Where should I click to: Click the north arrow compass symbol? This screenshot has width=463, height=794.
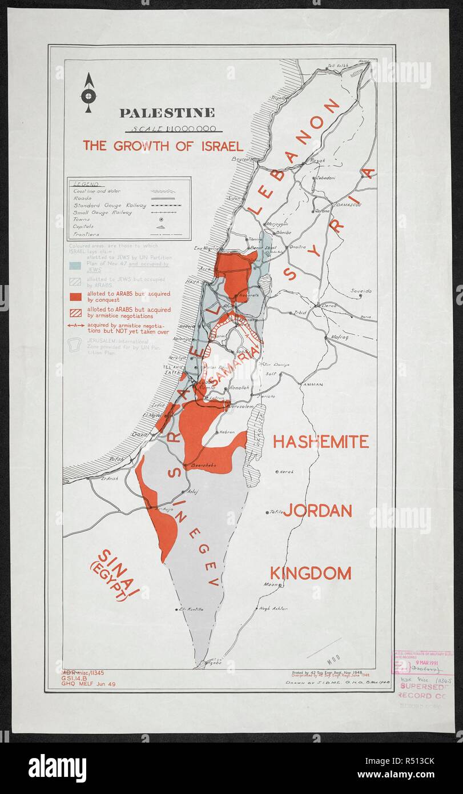88,93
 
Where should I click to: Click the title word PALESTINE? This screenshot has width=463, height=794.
167,113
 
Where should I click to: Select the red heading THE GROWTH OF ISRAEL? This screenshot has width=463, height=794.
163,145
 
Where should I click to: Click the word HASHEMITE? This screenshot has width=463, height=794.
320,441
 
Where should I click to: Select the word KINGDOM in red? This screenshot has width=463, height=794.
310,573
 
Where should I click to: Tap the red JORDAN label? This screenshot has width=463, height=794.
317,511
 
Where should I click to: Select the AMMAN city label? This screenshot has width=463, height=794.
313,384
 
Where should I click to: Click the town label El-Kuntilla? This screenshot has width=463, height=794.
191,609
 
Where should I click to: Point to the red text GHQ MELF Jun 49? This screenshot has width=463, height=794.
88,684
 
